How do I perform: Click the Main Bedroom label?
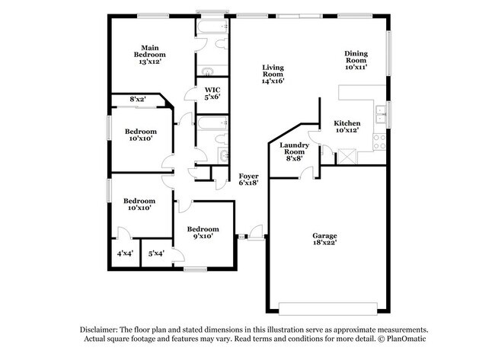pyautogui.click(x=150, y=55)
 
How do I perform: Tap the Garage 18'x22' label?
pyautogui.click(x=324, y=239)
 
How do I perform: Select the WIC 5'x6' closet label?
pyautogui.click(x=212, y=94)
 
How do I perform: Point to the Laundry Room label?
pyautogui.click(x=294, y=151)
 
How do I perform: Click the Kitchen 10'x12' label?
pyautogui.click(x=347, y=126)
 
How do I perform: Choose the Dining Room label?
pyautogui.click(x=356, y=60)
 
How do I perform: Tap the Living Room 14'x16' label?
pyautogui.click(x=273, y=74)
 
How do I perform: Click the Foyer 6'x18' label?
pyautogui.click(x=249, y=179)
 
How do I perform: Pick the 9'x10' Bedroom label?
pyautogui.click(x=203, y=233)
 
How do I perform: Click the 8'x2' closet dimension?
pyautogui.click(x=138, y=99)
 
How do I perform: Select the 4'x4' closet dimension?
pyautogui.click(x=125, y=253)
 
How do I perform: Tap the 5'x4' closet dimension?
pyautogui.click(x=156, y=253)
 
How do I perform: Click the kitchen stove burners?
pyautogui.click(x=379, y=142)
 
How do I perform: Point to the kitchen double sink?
pyautogui.click(x=381, y=114)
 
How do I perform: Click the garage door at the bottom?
pyautogui.click(x=328, y=309)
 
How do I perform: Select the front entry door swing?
pyautogui.click(x=255, y=232)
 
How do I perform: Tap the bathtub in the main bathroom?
pyautogui.click(x=212, y=26)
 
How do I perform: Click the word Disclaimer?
pyautogui.click(x=99, y=330)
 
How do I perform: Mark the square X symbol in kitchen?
pyautogui.click(x=346, y=156)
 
